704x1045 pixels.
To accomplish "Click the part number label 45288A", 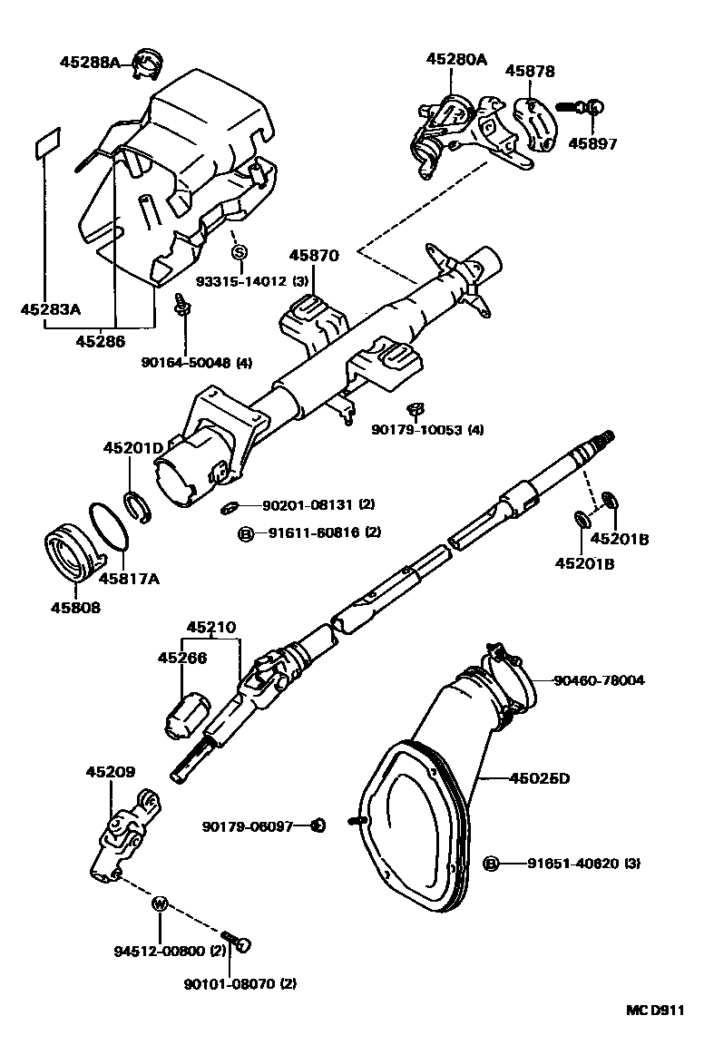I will click(90, 63).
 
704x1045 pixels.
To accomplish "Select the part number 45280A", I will click(456, 60).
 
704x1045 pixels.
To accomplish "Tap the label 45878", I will click(530, 71).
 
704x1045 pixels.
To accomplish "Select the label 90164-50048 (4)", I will click(196, 363).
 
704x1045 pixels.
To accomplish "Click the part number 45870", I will click(315, 256).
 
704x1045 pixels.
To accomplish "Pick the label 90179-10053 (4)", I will click(427, 429).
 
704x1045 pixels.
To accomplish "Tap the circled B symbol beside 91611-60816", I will click(245, 533).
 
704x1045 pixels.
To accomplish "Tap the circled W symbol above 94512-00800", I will click(161, 903).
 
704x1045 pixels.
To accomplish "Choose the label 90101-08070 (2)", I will click(240, 983).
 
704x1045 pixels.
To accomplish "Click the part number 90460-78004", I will click(600, 679).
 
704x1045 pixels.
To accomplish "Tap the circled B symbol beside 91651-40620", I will click(492, 863).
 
